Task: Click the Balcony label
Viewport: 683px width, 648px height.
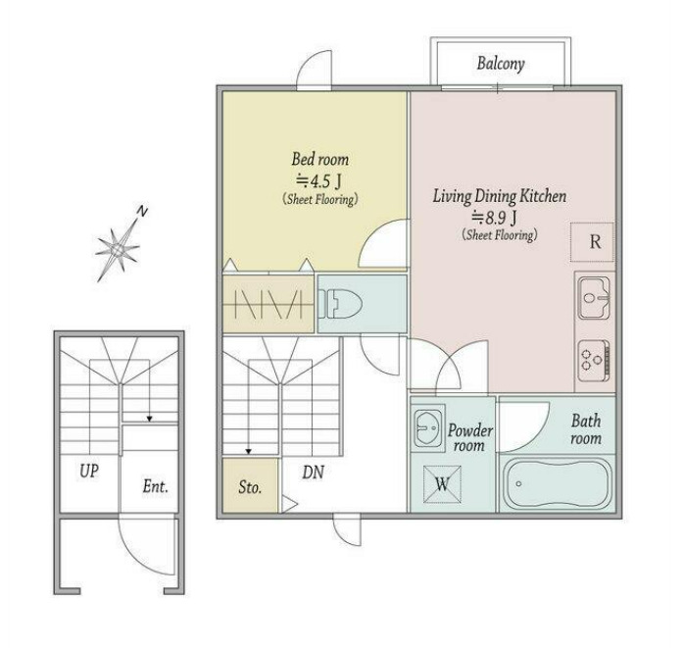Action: click(501, 64)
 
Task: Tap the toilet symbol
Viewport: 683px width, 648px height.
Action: click(340, 304)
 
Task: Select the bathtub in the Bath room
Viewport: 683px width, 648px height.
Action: click(557, 483)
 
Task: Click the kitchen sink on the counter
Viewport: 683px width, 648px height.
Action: click(594, 298)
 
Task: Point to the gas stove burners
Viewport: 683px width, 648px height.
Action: click(594, 361)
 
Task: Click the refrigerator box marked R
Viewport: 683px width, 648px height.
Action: click(593, 242)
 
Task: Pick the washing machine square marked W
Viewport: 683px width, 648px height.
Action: click(442, 484)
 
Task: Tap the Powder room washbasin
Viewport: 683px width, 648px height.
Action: click(428, 427)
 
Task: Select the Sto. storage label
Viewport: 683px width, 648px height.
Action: click(250, 487)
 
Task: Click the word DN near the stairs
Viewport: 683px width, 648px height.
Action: click(314, 472)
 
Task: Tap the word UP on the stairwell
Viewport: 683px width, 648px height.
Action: click(89, 471)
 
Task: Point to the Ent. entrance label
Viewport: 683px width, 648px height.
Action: click(156, 486)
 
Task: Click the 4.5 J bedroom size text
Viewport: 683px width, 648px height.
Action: click(319, 180)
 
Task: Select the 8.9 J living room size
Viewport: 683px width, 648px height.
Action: click(496, 217)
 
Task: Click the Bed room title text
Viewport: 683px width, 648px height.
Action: click(320, 159)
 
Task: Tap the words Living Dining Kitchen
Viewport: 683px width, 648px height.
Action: click(500, 196)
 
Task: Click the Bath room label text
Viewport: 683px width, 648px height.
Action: click(586, 429)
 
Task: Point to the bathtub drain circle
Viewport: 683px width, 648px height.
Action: click(518, 483)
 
